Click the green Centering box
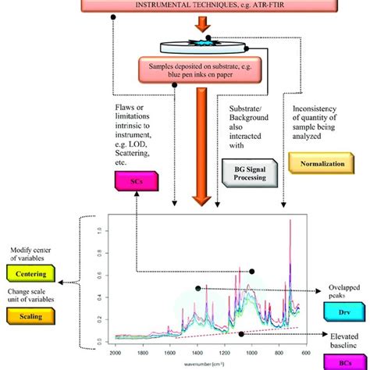[x=29, y=276]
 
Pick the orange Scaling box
[x=29, y=318]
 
